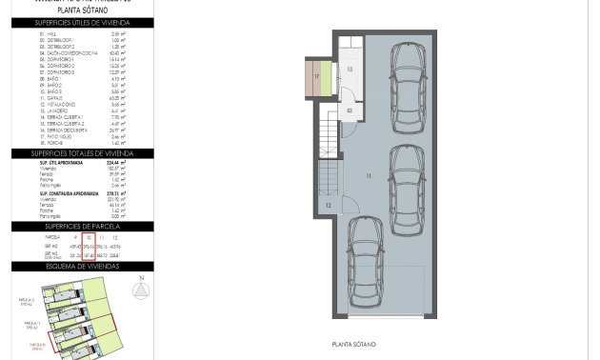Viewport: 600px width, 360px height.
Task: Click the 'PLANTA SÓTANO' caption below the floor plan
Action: point(352,344)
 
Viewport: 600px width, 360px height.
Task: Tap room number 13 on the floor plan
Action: point(350,70)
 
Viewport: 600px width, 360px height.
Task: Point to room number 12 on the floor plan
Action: point(328,205)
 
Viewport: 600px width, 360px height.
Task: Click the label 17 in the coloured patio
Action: point(317,75)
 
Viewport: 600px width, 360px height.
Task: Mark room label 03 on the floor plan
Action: point(350,110)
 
